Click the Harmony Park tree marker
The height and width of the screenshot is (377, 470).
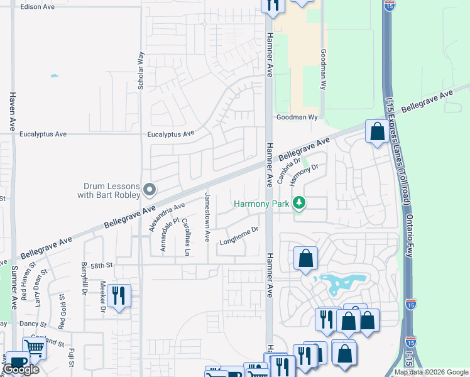point(300,204)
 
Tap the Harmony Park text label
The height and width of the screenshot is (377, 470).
point(263,204)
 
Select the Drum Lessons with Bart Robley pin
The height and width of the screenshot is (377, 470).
point(150,189)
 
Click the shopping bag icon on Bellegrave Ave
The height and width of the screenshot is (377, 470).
point(377,132)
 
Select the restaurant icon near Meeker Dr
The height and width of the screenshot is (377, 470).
point(119,295)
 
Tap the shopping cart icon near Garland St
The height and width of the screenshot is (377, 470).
point(35,347)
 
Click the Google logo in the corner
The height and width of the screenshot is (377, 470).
point(21,369)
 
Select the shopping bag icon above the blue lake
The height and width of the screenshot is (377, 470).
point(305,258)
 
